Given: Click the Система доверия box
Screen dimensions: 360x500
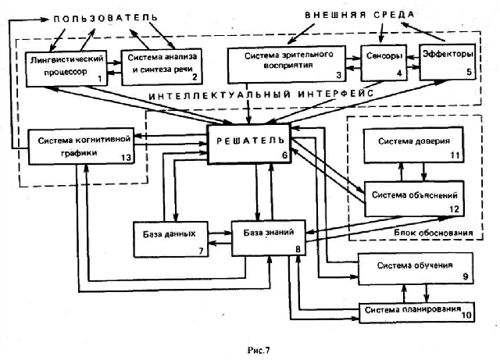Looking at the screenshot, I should [x=410, y=146].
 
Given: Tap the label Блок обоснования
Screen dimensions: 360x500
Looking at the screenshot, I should [x=434, y=233].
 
